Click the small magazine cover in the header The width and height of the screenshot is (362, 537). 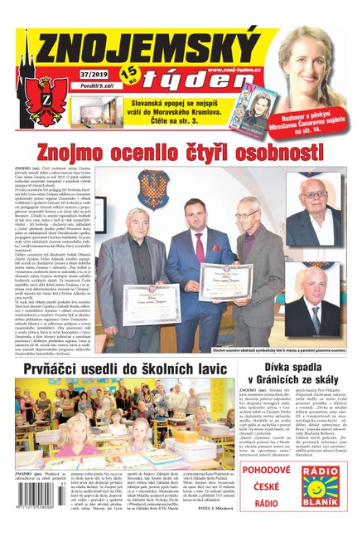[255, 100]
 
